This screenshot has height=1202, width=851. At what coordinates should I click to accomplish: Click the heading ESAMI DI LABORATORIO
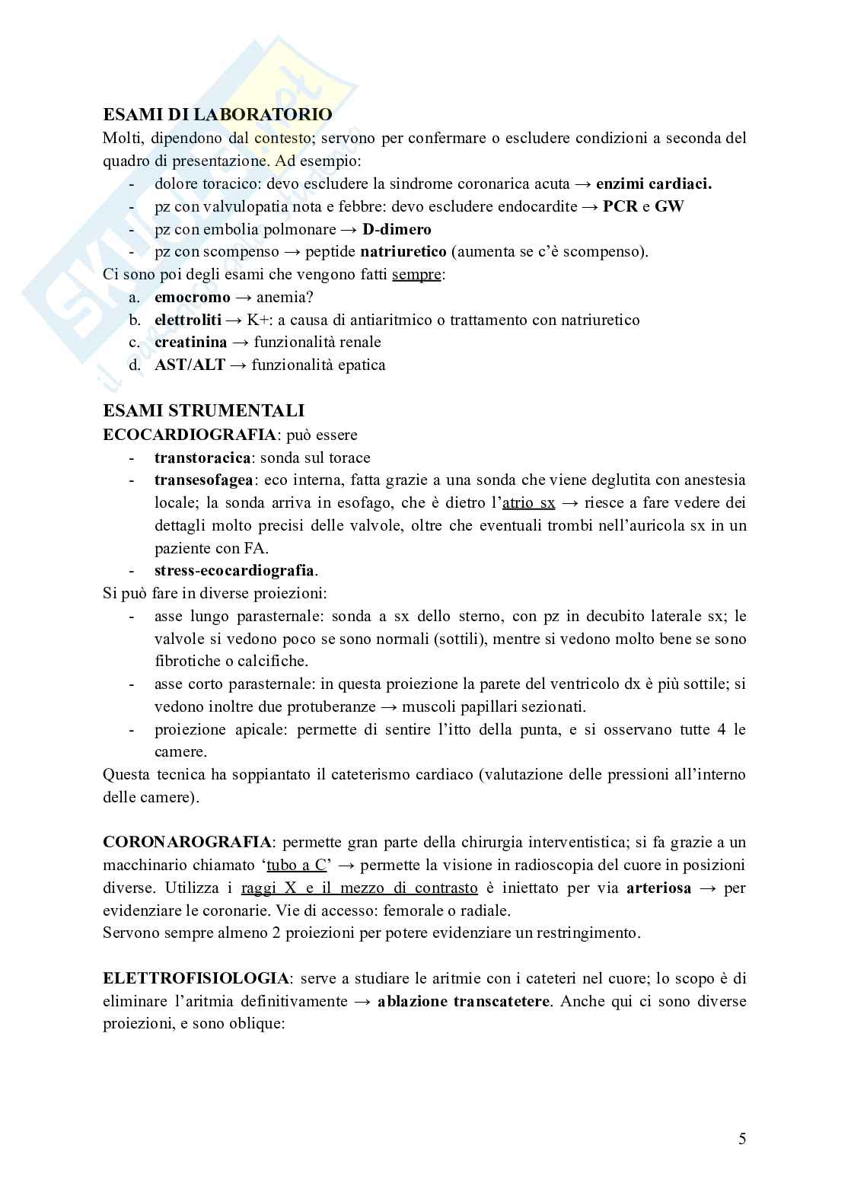click(218, 115)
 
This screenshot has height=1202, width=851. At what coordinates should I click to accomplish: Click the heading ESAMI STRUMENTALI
click(203, 411)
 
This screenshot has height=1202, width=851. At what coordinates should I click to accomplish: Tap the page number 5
click(742, 1139)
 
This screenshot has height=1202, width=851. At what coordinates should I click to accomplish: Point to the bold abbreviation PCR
click(620, 206)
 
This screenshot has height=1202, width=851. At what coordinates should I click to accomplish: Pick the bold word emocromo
click(192, 297)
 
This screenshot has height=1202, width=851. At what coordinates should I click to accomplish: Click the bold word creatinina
click(190, 343)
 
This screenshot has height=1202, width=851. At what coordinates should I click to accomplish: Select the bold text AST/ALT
click(190, 365)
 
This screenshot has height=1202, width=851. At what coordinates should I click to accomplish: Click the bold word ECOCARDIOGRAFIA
click(190, 435)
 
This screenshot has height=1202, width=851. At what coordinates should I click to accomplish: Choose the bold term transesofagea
click(205, 480)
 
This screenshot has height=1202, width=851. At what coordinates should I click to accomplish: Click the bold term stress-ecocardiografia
click(234, 570)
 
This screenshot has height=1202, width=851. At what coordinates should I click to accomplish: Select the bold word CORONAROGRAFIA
click(187, 842)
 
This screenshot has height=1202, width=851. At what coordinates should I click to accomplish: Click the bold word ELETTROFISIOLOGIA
click(196, 978)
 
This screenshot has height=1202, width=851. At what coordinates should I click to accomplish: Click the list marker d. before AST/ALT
click(135, 365)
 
